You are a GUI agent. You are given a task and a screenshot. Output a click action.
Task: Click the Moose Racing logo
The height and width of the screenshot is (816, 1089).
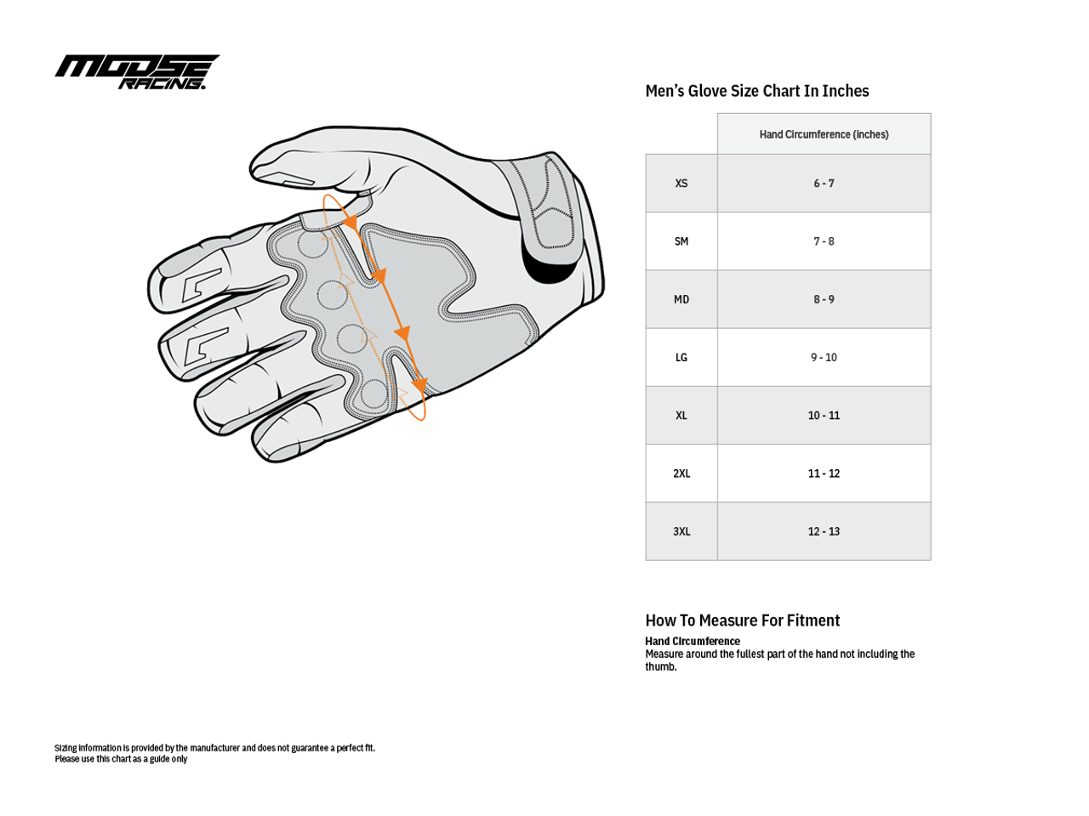coord(136,72)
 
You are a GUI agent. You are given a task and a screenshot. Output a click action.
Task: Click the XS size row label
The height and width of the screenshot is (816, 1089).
coord(681,184)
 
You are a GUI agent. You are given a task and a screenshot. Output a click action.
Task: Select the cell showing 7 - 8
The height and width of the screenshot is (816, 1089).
coord(824,241)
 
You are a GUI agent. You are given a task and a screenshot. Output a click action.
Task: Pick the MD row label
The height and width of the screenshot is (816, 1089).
coord(681,299)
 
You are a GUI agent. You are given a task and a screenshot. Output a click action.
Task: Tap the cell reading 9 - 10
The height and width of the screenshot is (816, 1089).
coord(824,358)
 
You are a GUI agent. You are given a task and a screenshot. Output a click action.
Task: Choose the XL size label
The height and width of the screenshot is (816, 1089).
coord(681,416)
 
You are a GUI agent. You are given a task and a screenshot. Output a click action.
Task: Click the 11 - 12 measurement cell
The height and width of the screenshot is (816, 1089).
coord(824,473)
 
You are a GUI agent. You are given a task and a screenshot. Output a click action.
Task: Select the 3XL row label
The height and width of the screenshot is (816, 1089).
coord(681,531)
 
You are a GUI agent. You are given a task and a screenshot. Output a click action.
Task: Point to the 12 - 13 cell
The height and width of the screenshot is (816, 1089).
coord(824,531)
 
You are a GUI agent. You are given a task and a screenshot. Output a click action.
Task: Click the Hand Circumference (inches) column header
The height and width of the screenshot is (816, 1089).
coord(824,134)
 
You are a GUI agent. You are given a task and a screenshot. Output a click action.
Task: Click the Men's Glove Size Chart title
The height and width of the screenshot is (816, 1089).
coord(756,91)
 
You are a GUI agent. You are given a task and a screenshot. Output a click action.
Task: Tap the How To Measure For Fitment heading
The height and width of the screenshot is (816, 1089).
coord(742,620)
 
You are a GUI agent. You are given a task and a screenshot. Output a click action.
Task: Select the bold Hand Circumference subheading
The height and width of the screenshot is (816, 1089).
coord(693,641)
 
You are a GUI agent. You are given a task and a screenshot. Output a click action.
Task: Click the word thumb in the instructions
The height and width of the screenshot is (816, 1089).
coord(661,667)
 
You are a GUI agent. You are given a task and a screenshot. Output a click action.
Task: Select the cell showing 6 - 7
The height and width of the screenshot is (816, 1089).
coord(824,184)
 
